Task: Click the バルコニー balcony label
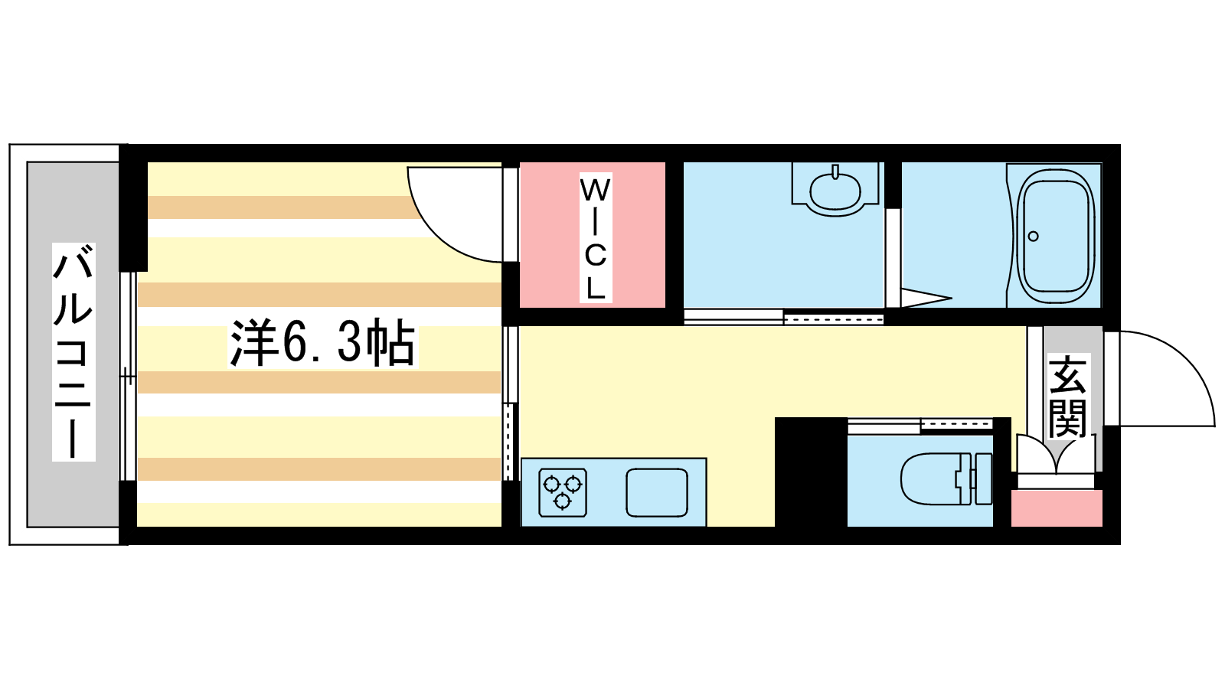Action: coord(73,351)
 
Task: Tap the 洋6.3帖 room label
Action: coord(322,344)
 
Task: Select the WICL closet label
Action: coord(596,237)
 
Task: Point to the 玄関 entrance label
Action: coord(1067,396)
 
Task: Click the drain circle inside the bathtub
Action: coord(1033,237)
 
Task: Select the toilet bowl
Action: coord(930,479)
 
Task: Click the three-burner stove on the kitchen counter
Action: coord(563,492)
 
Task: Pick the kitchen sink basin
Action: coord(657,492)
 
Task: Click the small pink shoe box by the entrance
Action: coord(1057,508)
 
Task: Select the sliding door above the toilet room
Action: coord(920,425)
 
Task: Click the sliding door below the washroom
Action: coord(784,317)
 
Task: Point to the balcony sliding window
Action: coord(127,376)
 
